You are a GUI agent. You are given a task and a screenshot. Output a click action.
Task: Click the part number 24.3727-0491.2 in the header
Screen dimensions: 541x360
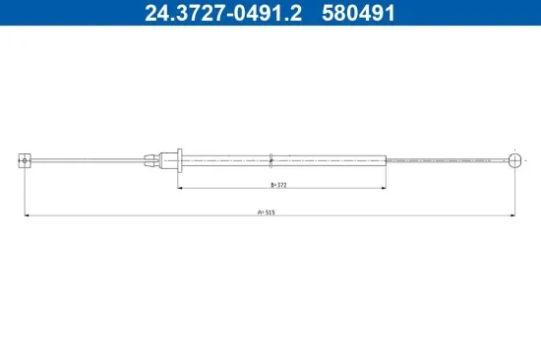[223, 13]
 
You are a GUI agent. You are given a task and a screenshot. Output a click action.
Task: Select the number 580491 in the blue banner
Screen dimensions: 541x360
[358, 13]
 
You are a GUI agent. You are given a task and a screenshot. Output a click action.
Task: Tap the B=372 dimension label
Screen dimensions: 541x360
[278, 185]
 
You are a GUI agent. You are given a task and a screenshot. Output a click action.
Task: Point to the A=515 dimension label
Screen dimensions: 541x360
[267, 212]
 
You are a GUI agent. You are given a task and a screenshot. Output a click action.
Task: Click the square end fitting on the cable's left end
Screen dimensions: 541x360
[25, 160]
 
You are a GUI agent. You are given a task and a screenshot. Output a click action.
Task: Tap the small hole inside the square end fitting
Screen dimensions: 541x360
[25, 160]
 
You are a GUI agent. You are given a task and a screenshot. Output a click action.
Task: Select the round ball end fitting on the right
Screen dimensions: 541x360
[514, 160]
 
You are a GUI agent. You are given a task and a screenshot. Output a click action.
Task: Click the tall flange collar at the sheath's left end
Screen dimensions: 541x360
[179, 160]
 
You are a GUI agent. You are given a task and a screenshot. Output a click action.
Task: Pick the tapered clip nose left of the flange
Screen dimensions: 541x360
[151, 161]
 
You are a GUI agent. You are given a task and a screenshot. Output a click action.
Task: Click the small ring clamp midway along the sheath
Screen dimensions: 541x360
[270, 161]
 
